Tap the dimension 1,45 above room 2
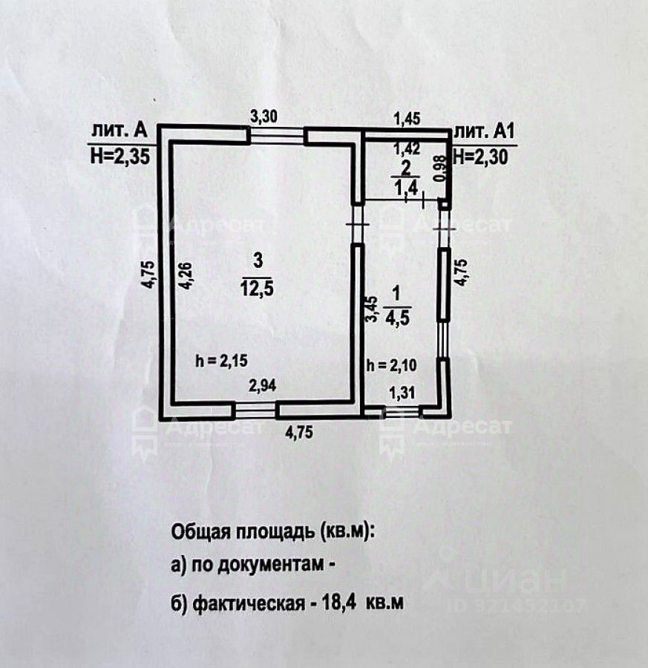pos(406,116)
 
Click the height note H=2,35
pos(119,156)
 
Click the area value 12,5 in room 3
pos(258,289)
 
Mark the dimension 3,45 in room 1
pos(373,309)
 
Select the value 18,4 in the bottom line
pos(335,603)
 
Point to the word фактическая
pos(247,603)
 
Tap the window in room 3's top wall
pos(276,134)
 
